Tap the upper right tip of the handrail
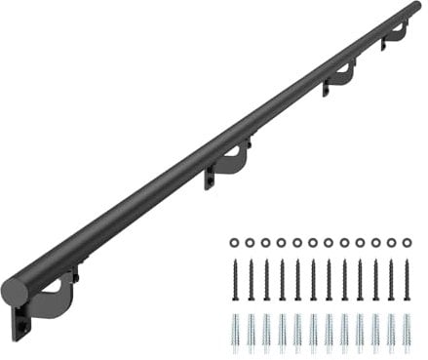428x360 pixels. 417,8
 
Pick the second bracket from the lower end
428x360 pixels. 231,162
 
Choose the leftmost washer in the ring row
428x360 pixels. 235,242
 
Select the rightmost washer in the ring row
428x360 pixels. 407,242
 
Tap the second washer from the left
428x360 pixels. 251,242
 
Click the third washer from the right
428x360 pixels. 375,242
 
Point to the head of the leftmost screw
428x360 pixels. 235,261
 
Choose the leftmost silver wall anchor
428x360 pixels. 235,332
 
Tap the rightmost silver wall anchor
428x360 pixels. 407,332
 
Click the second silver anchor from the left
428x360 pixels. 251,332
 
